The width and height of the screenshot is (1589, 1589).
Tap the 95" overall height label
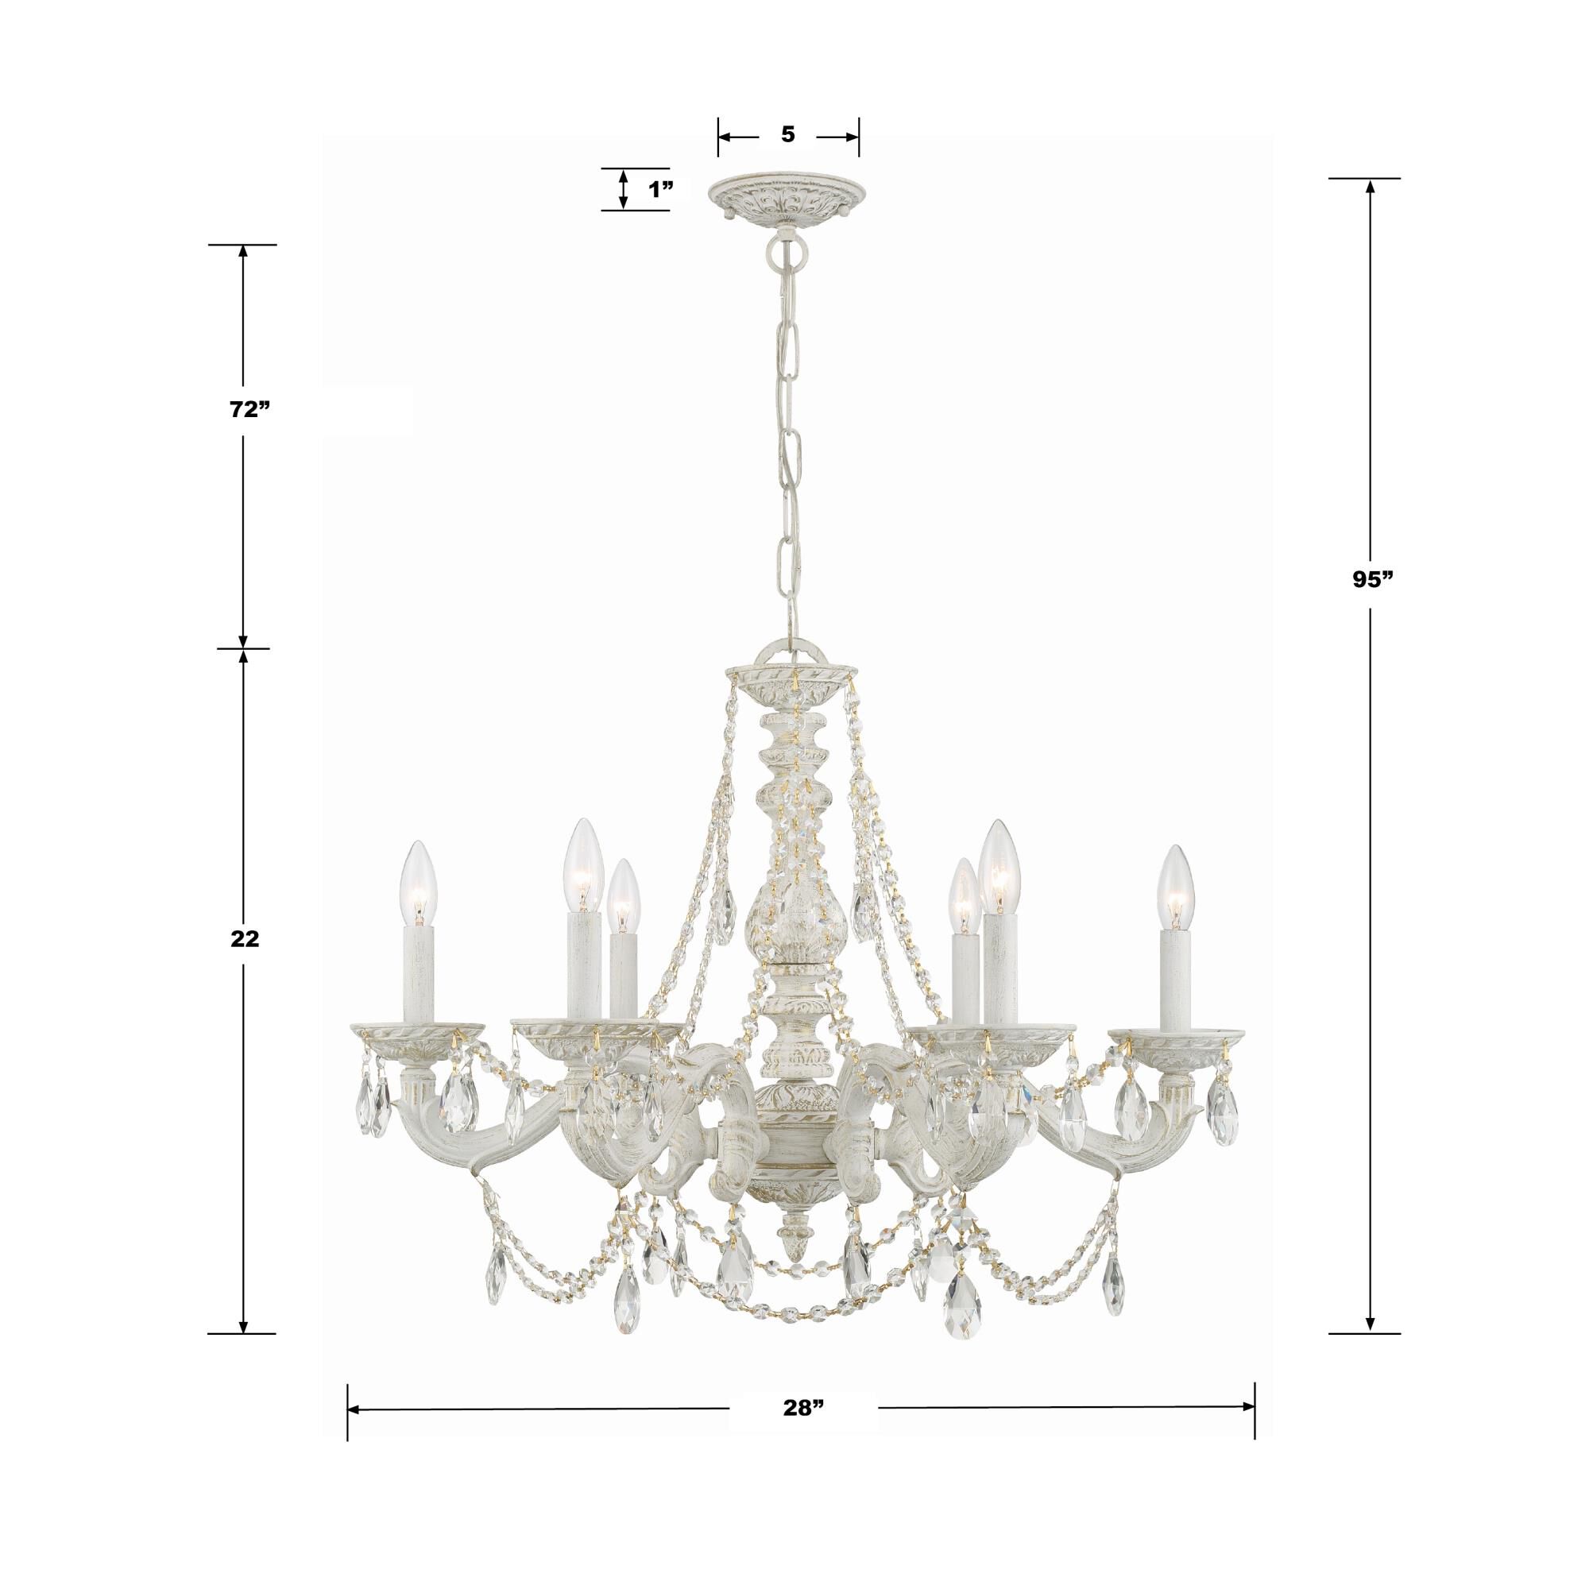[x=1370, y=579]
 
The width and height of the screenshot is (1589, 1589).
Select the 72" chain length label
[x=250, y=411]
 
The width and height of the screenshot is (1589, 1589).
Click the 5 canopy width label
[x=788, y=135]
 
